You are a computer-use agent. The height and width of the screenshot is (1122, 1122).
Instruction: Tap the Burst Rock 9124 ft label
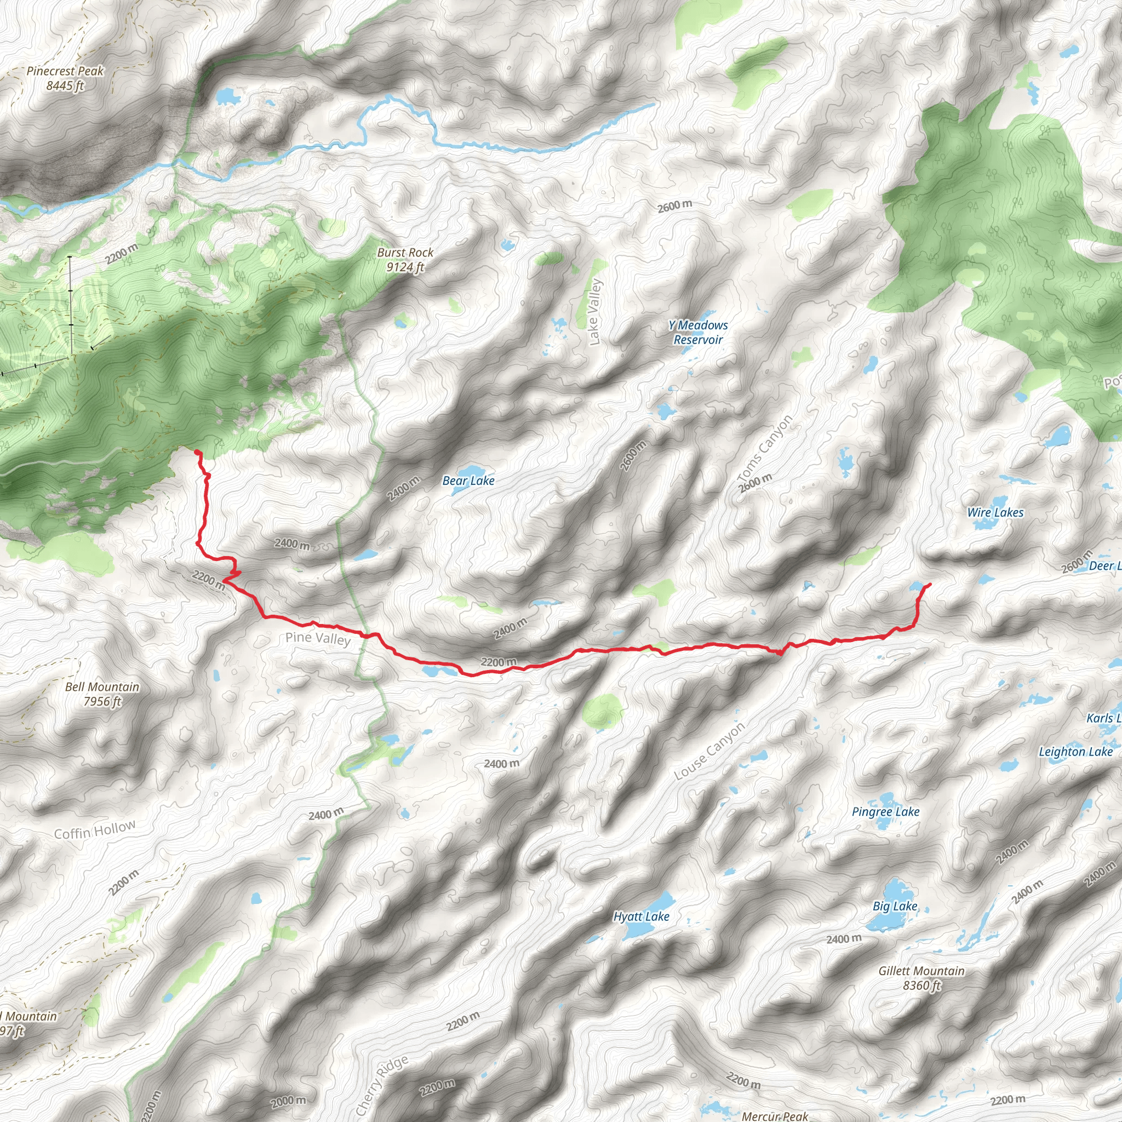(405, 260)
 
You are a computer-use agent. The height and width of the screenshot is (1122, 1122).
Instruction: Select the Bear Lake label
(468, 481)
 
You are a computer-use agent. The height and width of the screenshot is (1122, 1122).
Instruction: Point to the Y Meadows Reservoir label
(698, 333)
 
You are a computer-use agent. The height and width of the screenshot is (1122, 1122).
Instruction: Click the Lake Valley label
(596, 312)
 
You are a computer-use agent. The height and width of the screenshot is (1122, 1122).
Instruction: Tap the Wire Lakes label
(995, 512)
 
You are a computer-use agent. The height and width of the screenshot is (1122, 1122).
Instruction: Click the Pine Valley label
(318, 639)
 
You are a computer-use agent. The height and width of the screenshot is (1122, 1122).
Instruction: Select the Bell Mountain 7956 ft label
(102, 694)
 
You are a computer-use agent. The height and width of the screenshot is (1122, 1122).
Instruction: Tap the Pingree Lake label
(886, 812)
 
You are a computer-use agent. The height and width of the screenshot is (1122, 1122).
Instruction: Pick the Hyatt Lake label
(641, 917)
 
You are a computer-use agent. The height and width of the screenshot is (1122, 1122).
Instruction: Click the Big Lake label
(895, 906)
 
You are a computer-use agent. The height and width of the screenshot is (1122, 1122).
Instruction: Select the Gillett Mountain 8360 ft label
(921, 978)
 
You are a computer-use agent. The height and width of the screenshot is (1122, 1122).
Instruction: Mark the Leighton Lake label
(1075, 752)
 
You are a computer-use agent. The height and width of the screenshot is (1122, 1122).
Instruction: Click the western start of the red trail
(197, 452)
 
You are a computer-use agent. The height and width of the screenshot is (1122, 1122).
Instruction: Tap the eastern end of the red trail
(930, 583)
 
